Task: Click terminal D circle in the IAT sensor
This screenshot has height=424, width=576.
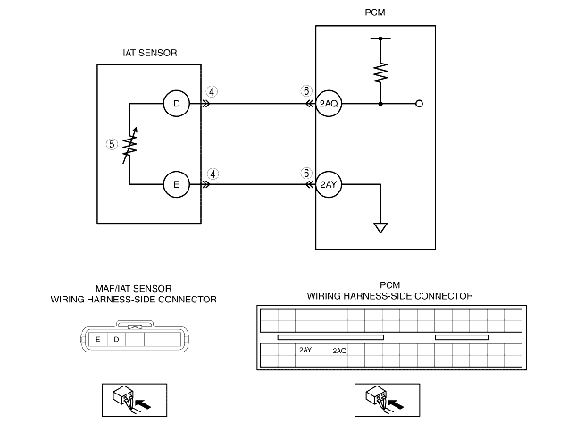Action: tap(176, 104)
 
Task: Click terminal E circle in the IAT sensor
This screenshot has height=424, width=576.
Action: tap(176, 184)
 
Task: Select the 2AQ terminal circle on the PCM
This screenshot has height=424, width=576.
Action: tap(329, 104)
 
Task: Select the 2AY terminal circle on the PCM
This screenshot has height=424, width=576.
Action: tap(329, 184)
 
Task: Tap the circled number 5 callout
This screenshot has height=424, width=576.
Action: tap(112, 144)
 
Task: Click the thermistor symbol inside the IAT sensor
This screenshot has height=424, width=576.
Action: tap(129, 146)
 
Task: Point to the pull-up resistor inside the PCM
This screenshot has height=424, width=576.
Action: tap(380, 72)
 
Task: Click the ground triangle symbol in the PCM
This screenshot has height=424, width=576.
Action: tap(380, 228)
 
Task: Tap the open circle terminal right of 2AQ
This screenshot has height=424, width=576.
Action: tap(419, 104)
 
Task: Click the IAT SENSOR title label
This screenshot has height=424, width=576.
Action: tap(150, 53)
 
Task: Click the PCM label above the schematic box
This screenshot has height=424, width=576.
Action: tap(375, 13)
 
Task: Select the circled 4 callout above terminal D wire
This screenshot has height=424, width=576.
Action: tap(212, 91)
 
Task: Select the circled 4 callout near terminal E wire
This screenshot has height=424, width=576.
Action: tap(213, 174)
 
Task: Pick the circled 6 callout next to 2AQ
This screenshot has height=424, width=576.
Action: tap(306, 91)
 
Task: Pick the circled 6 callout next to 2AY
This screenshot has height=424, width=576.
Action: tap(306, 173)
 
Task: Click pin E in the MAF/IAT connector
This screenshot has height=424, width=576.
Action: tap(98, 339)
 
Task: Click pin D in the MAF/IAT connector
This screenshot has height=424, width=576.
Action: tap(116, 339)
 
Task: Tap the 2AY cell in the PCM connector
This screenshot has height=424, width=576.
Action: tap(305, 350)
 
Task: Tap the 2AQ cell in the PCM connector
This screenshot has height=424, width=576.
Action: tap(339, 351)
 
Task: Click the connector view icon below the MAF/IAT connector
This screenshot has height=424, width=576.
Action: tap(135, 400)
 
